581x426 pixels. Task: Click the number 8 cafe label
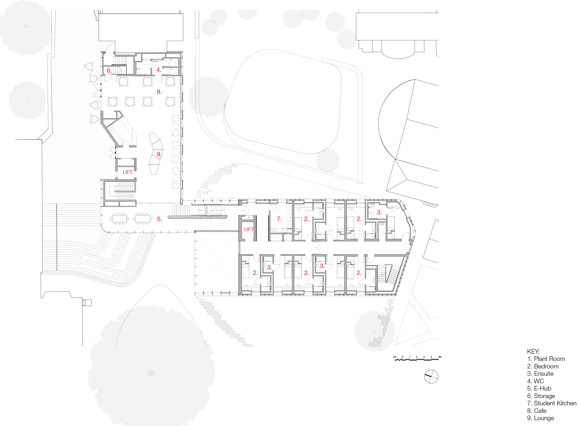tap(159, 92)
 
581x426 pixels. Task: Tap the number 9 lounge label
tap(159, 154)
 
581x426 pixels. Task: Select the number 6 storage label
tap(109, 70)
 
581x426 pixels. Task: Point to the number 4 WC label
tap(159, 70)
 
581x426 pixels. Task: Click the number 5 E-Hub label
tap(159, 219)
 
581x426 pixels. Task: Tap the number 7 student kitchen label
tap(279, 219)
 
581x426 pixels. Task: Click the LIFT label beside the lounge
tap(128, 172)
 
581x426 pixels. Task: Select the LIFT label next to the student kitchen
tap(249, 229)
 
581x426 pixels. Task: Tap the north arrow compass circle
tap(431, 377)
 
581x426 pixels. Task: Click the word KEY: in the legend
tap(533, 351)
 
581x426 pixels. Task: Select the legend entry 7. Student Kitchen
tap(552, 403)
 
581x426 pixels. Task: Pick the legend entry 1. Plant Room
tap(546, 359)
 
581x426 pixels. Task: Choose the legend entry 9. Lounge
tap(541, 418)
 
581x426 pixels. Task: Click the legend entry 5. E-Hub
tap(539, 389)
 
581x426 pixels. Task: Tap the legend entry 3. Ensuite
tap(540, 374)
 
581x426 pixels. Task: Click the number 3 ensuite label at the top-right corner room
tap(379, 212)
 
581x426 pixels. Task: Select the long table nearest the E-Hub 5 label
tap(143, 219)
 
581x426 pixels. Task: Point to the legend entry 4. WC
tap(535, 381)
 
